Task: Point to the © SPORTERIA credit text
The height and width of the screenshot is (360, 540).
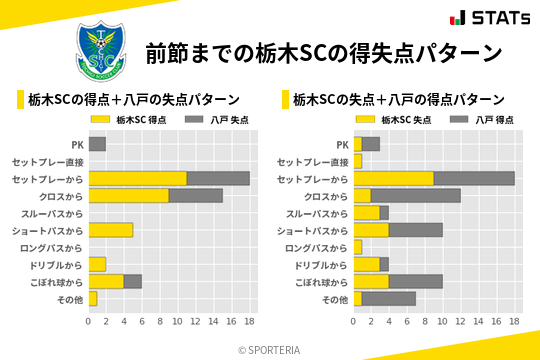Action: pyautogui.click(x=269, y=350)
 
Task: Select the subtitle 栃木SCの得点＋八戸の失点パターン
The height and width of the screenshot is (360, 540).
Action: pyautogui.click(x=134, y=100)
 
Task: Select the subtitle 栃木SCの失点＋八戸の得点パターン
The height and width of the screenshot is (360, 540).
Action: pyautogui.click(x=399, y=100)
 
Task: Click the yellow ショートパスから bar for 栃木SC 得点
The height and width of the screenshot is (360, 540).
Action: pyautogui.click(x=111, y=230)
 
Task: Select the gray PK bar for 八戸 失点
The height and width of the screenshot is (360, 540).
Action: pyautogui.click(x=97, y=144)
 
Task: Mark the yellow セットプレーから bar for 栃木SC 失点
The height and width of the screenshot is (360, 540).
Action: pyautogui.click(x=393, y=178)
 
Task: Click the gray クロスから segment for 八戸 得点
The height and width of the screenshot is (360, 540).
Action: pyautogui.click(x=416, y=196)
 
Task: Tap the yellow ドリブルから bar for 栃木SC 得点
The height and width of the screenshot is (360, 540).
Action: pyautogui.click(x=97, y=264)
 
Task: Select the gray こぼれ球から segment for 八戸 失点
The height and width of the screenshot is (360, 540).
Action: pyautogui.click(x=133, y=282)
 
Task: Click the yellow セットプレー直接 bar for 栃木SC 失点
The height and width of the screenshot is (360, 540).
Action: pyautogui.click(x=357, y=161)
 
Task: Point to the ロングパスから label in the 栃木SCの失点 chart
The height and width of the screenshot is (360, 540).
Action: pyautogui.click(x=316, y=247)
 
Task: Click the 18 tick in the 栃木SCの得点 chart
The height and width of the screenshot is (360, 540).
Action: pyautogui.click(x=250, y=322)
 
